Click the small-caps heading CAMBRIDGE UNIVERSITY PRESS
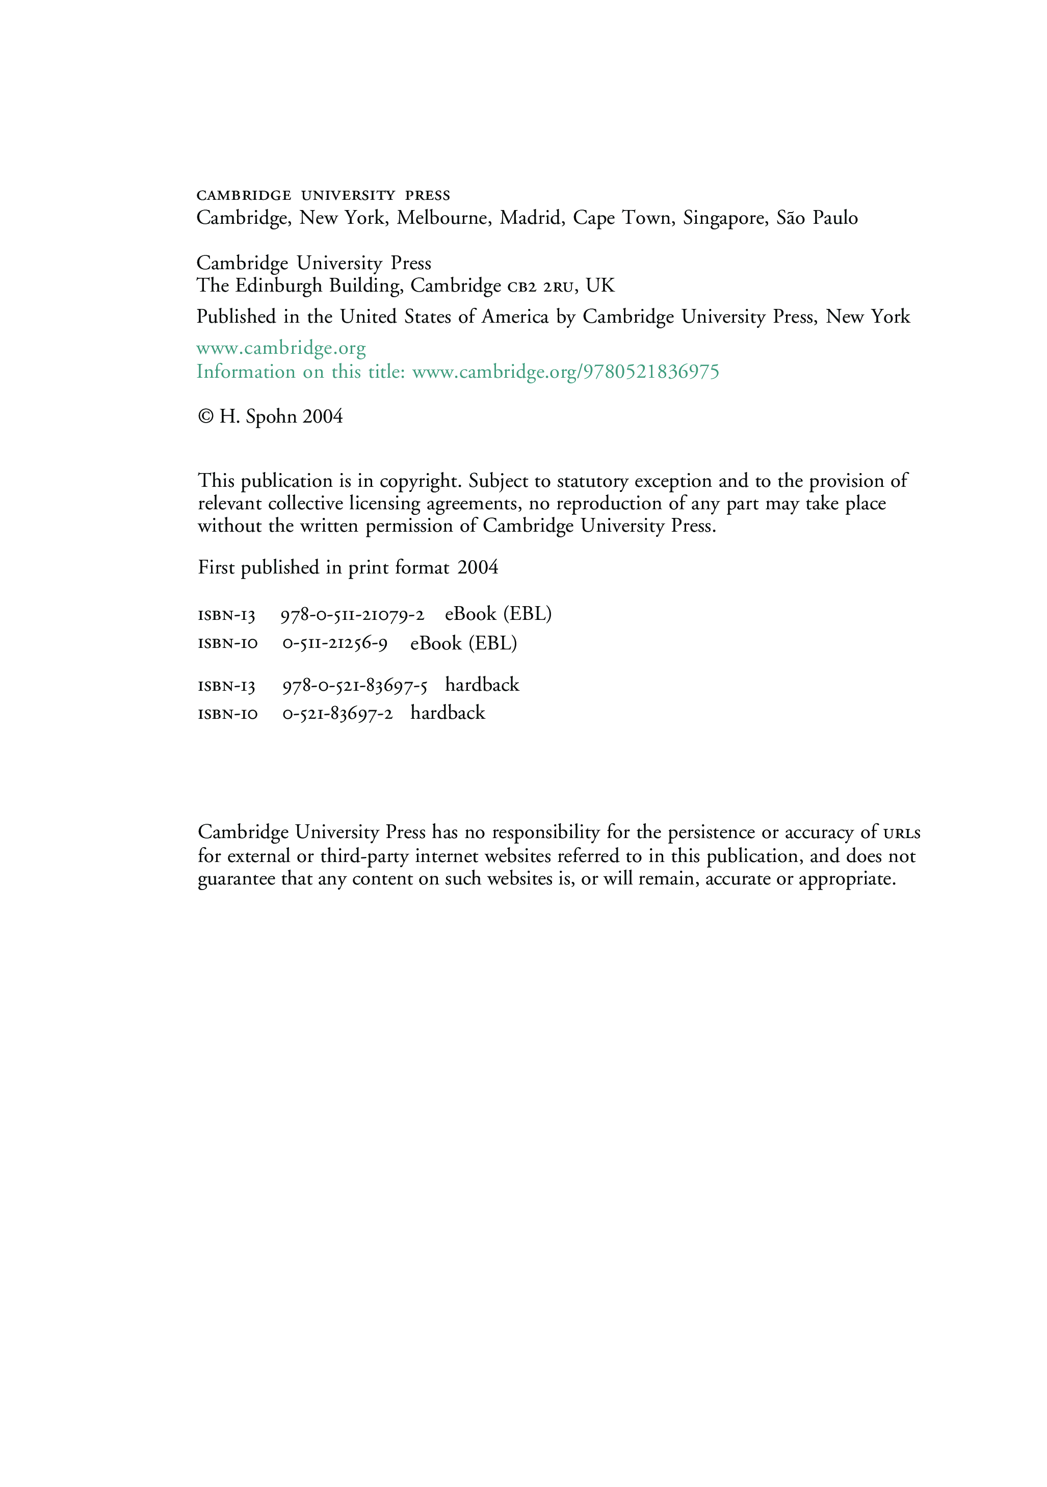323,196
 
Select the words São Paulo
817,218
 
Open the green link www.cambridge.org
281,349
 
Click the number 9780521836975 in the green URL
651,372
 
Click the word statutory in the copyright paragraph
592,481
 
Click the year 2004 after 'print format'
478,568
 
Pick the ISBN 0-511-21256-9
335,644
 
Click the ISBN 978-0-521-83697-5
355,686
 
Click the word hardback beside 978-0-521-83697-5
482,685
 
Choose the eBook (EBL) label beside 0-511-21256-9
464,644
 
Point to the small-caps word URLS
901,833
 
